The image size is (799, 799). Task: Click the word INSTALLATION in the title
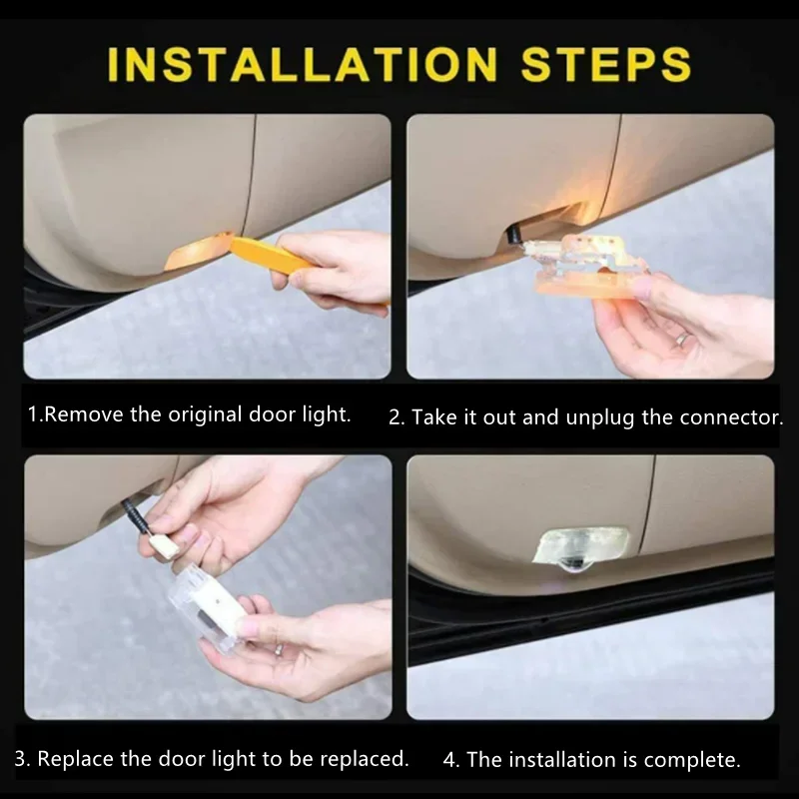[303, 64]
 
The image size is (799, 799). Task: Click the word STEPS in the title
[606, 64]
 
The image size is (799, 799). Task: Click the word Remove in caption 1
[84, 414]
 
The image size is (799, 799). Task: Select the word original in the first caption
[205, 415]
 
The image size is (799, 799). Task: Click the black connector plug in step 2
[512, 235]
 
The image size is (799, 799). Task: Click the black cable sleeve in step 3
[136, 515]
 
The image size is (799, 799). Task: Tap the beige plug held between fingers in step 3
[163, 546]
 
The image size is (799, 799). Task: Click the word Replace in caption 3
[76, 759]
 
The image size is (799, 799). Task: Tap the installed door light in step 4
[581, 548]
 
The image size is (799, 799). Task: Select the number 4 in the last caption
[448, 760]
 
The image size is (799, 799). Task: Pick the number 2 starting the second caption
[395, 417]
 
